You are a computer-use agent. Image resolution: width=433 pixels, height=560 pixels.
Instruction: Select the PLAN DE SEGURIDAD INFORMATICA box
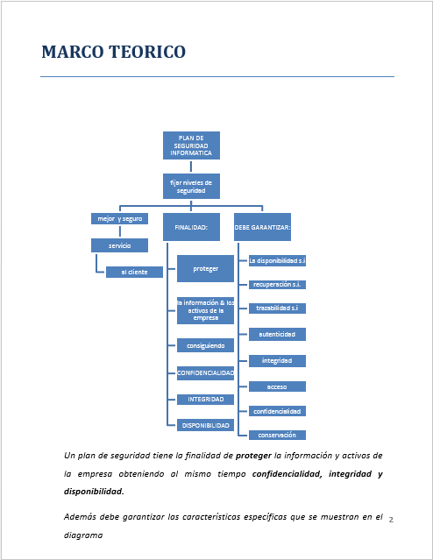point(191,145)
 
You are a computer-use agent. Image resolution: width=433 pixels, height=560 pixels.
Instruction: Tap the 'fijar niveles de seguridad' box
point(191,186)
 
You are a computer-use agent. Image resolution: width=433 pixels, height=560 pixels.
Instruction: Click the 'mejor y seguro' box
point(119,218)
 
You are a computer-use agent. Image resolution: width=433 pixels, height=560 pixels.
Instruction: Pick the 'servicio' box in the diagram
point(119,245)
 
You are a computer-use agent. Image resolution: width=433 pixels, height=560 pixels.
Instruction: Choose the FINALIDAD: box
point(191,227)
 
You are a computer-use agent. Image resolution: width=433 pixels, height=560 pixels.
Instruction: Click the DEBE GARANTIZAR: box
point(262,227)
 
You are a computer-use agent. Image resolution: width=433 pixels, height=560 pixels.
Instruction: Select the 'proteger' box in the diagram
point(205,268)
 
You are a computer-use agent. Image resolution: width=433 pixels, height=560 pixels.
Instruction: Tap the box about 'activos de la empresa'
point(205,310)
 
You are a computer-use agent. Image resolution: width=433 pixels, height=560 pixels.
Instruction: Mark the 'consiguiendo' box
point(205,345)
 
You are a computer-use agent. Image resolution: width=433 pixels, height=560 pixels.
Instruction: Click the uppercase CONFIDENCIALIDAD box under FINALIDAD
point(205,372)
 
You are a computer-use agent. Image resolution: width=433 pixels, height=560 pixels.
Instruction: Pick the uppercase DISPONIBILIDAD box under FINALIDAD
point(205,425)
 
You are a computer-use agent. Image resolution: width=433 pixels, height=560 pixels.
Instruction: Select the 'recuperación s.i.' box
point(277,284)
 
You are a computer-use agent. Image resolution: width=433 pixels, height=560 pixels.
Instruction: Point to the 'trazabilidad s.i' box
point(277,308)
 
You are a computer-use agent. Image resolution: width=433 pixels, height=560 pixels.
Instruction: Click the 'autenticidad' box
point(277,334)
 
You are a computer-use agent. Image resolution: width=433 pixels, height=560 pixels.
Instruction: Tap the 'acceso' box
point(277,386)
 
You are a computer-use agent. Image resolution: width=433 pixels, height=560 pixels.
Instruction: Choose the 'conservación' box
point(277,435)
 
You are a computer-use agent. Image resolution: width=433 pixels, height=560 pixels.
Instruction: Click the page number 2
point(391,520)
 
